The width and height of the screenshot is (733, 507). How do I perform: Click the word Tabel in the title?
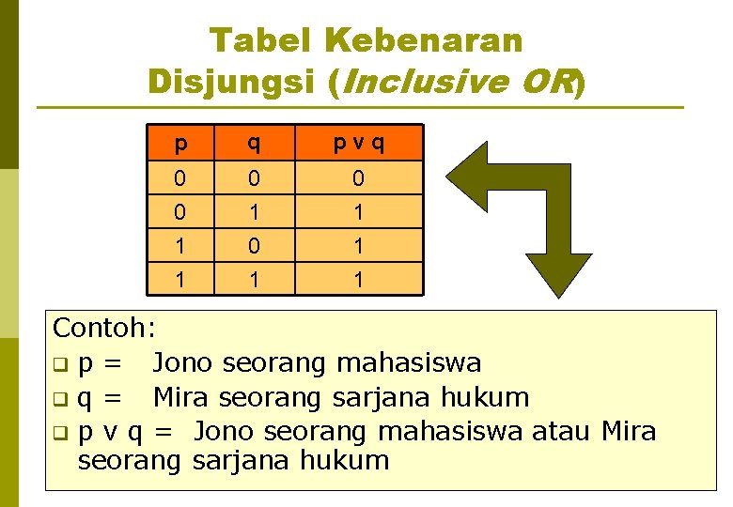pyautogui.click(x=259, y=39)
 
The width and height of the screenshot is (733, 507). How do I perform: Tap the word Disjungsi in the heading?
pyautogui.click(x=231, y=83)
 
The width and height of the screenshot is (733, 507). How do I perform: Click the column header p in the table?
pyautogui.click(x=181, y=144)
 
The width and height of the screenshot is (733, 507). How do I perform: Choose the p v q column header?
pyautogui.click(x=358, y=144)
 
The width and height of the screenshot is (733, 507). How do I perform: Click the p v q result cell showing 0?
pyautogui.click(x=358, y=178)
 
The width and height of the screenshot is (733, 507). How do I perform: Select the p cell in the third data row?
pyautogui.click(x=181, y=246)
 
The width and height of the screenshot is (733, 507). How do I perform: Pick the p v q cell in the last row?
pyautogui.click(x=358, y=280)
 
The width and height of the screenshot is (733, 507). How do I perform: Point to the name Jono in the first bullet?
pyautogui.click(x=187, y=362)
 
